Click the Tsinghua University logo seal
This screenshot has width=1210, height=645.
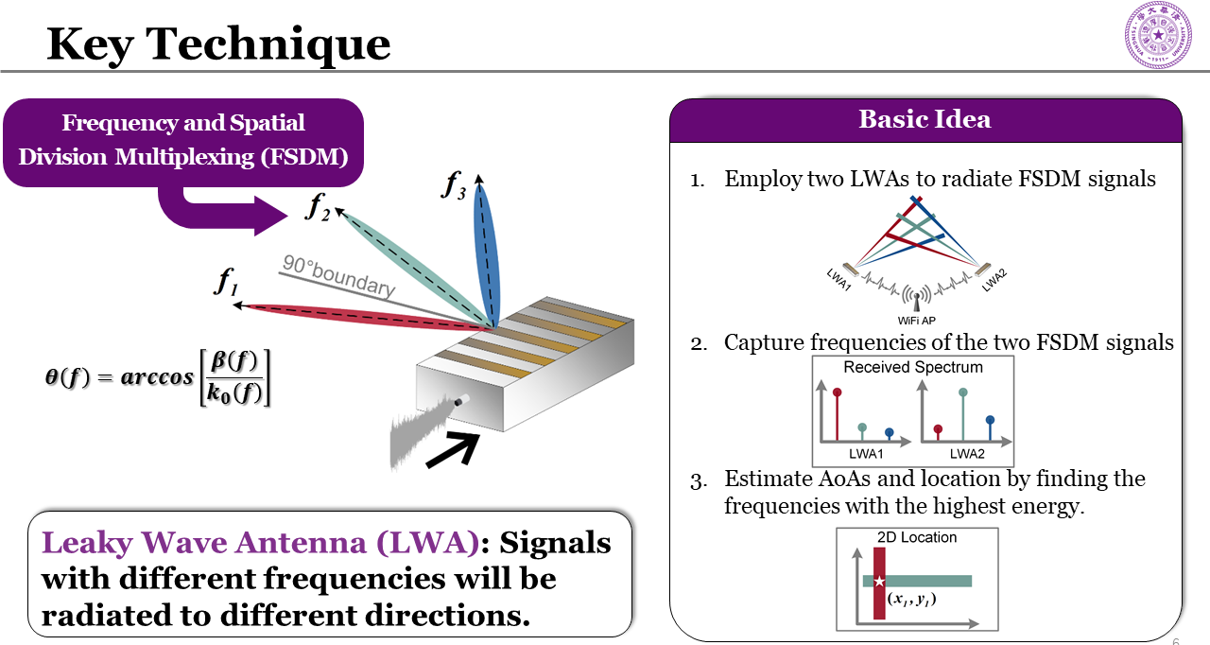coord(1159,35)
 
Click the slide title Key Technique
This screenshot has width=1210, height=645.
coord(218,43)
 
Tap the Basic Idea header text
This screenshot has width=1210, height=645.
coord(925,119)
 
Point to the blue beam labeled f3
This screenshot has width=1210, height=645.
coord(485,251)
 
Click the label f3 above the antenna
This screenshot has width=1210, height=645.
coord(454,184)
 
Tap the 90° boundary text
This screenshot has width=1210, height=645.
coord(337,274)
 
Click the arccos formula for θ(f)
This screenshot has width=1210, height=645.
coord(157,376)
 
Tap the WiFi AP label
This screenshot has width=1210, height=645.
coord(916,321)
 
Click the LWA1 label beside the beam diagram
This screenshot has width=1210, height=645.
coord(838,279)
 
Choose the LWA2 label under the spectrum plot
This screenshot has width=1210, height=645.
coord(968,454)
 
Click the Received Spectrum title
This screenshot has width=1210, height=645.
coord(913,367)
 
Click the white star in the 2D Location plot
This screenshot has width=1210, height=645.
coord(879,581)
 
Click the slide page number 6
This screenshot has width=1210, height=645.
coord(1175,642)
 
